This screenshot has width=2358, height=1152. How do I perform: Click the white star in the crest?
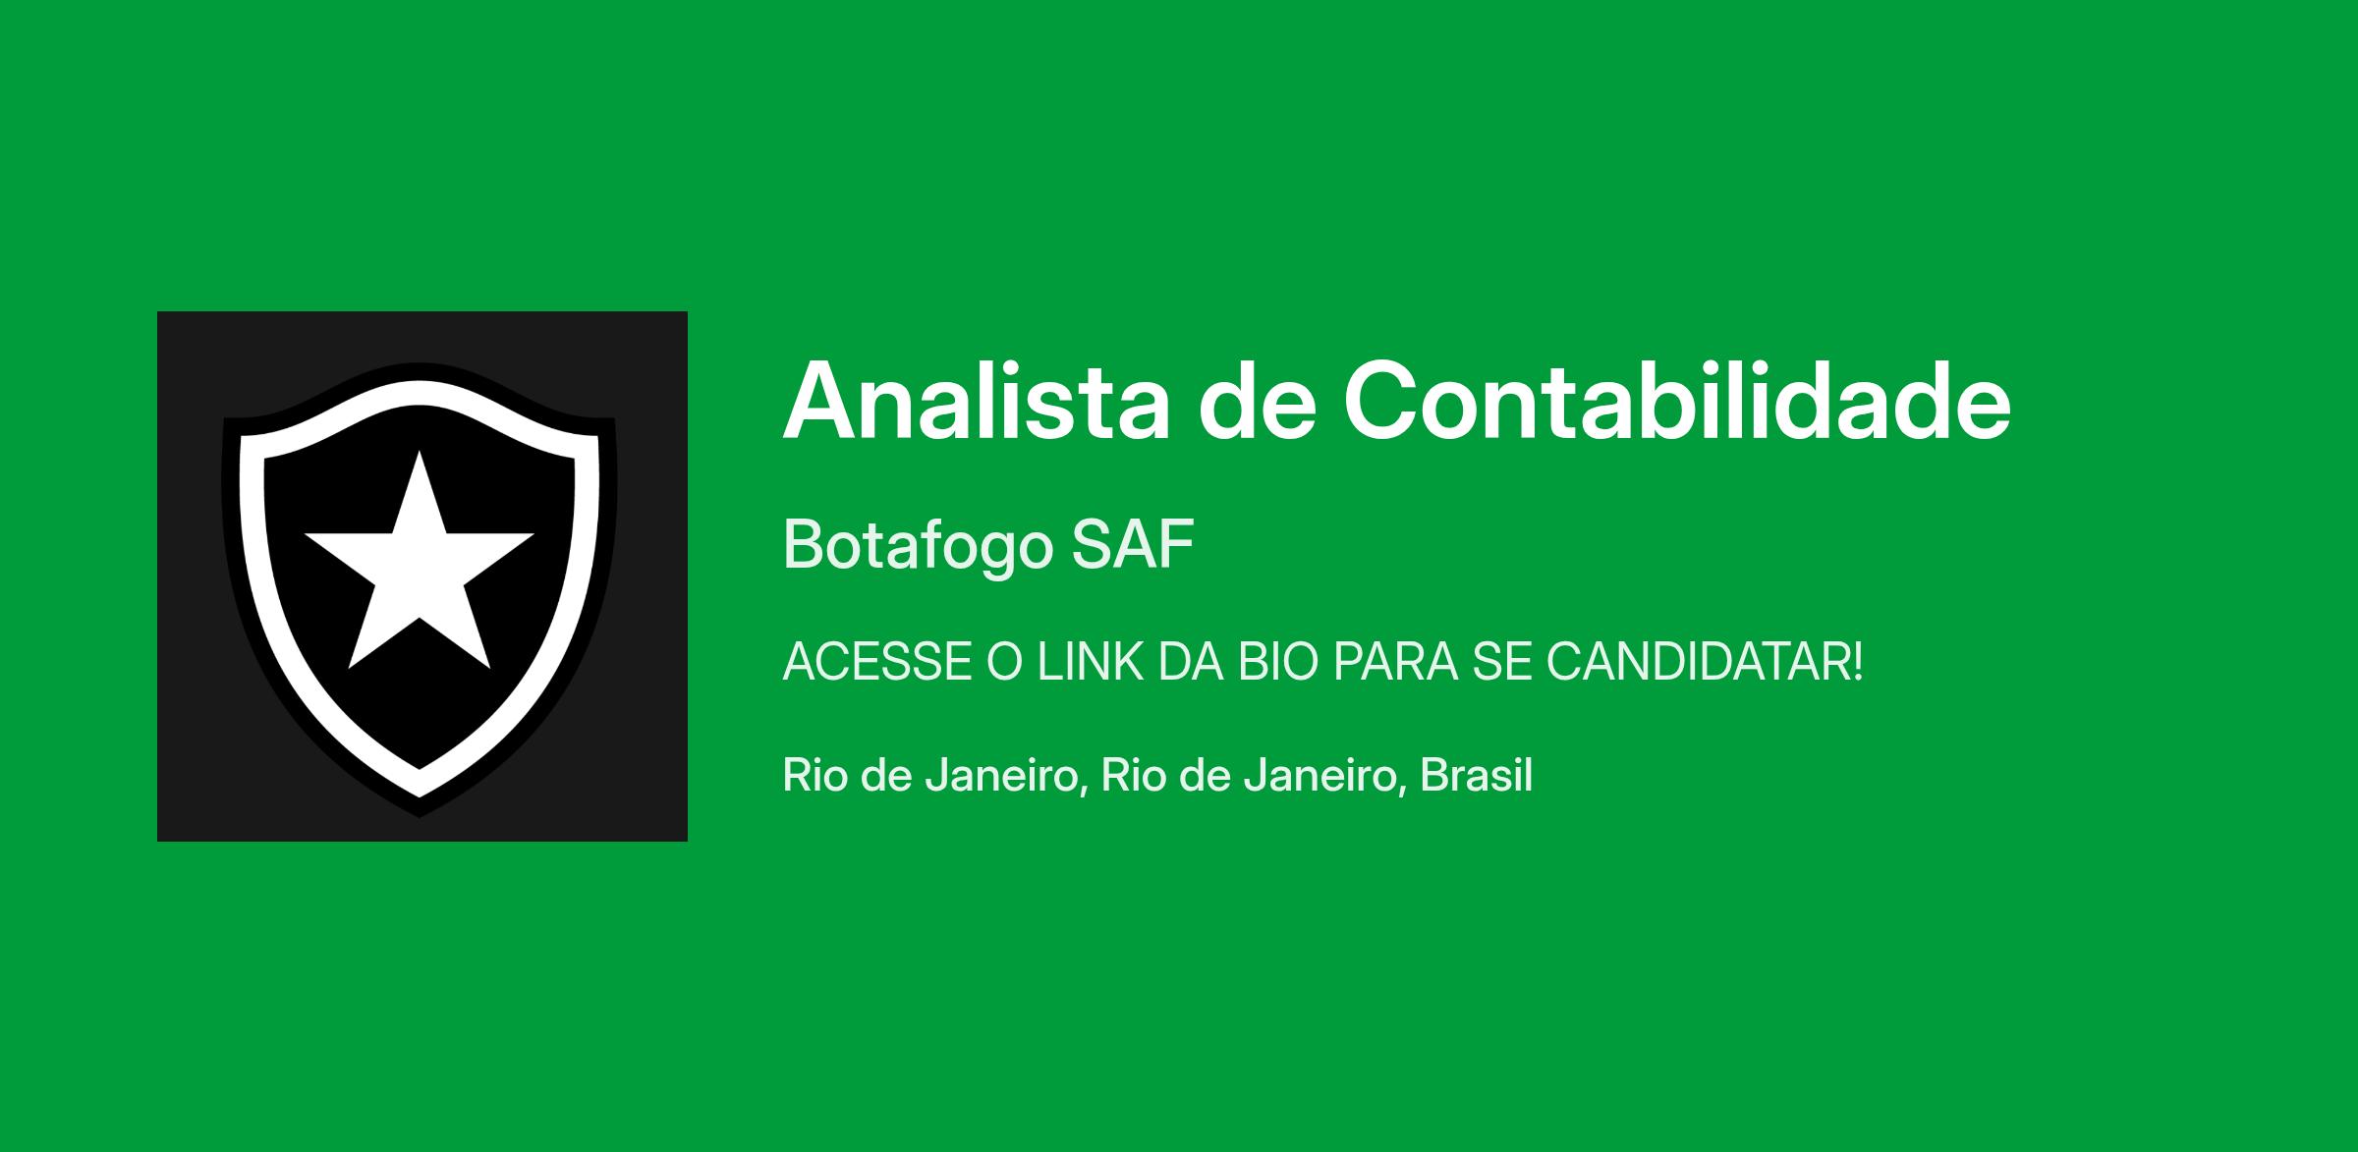pos(420,570)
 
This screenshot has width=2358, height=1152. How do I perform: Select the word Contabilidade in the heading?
pos(1677,401)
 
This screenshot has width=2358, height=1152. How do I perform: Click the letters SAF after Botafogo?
pos(1133,544)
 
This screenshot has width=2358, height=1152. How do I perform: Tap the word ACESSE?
pos(877,662)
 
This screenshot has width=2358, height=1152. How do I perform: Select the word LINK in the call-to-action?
pos(1077,662)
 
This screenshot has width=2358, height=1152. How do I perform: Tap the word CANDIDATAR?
pos(1705,662)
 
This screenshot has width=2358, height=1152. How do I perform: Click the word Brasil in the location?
pos(1476,775)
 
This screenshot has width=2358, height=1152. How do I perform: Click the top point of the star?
pos(420,451)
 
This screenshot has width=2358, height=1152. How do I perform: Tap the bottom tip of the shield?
pos(420,815)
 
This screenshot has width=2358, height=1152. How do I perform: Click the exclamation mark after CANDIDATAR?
pos(1856,662)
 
